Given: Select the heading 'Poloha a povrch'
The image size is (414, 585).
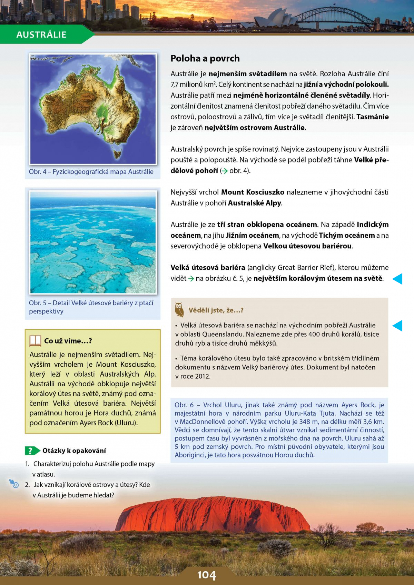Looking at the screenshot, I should click(205, 58).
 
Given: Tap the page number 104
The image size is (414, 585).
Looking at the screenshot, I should click(206, 575).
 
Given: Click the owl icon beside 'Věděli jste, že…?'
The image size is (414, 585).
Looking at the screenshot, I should click(179, 310).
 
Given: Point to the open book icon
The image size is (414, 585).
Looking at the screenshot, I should click(35, 341).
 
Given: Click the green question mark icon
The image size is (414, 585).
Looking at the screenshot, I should click(30, 450).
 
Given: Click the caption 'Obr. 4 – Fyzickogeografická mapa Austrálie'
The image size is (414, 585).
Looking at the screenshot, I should click(91, 172).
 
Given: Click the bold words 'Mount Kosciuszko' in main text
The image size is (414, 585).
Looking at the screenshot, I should click(253, 192).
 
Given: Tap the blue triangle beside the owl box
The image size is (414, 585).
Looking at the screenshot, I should click(397, 326).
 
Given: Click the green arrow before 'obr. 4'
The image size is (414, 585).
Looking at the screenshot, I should click(224, 171).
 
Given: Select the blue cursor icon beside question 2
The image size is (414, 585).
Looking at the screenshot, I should click(14, 483).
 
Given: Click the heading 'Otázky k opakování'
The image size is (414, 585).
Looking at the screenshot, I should click(74, 450).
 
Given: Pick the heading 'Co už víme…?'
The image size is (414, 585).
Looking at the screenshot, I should click(68, 341).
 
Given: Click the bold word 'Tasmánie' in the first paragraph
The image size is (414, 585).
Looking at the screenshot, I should click(372, 117).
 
